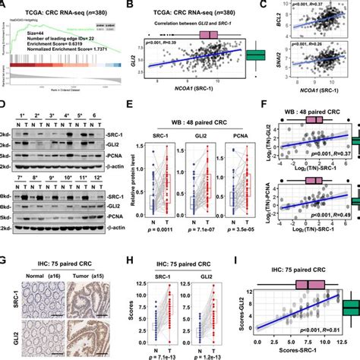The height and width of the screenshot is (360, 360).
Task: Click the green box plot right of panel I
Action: pos(351,308)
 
